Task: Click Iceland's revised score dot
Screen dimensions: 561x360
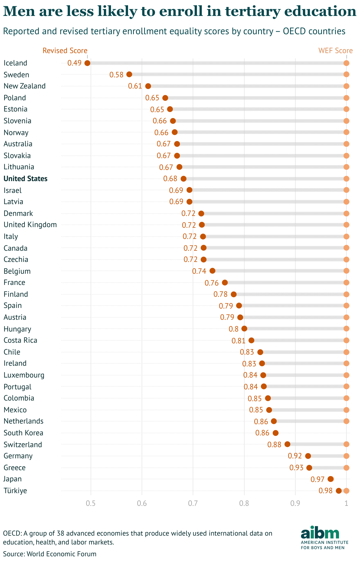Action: (x=87, y=63)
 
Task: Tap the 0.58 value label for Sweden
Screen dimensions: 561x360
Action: (x=116, y=75)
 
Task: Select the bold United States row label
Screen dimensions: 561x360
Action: (x=25, y=179)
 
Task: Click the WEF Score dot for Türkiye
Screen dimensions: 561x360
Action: (x=346, y=491)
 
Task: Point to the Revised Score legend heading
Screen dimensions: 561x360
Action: (x=65, y=51)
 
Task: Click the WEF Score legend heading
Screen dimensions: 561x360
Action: (x=336, y=51)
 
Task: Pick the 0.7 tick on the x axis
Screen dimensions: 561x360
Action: (x=193, y=503)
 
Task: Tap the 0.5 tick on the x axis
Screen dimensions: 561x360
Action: (x=91, y=503)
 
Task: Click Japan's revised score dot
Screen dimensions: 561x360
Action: (x=330, y=479)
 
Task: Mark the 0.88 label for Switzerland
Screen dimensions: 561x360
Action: (x=274, y=444)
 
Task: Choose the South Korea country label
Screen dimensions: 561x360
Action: (x=23, y=433)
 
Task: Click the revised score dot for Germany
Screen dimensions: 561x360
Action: (x=308, y=456)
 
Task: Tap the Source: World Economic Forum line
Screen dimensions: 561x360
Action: (x=50, y=554)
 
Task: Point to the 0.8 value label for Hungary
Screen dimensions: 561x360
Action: (x=233, y=329)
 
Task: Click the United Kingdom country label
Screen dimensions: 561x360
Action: (x=30, y=225)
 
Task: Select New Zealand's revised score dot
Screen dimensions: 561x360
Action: (x=148, y=86)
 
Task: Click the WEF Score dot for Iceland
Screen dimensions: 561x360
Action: (x=346, y=63)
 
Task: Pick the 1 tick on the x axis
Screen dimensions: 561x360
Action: (x=346, y=503)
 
